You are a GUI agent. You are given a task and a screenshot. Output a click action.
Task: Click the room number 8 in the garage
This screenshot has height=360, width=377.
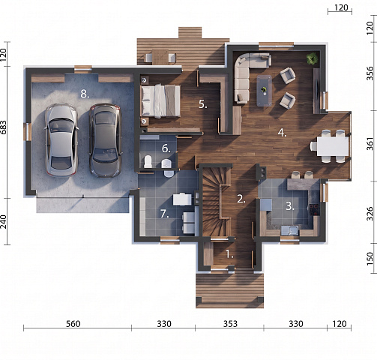[85, 94]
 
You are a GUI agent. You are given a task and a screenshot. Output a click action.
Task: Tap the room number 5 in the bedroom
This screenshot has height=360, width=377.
[203, 104]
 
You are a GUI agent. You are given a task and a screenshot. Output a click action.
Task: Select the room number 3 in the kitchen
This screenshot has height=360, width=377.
[290, 206]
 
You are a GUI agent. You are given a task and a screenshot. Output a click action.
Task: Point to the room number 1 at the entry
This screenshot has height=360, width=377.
[229, 254]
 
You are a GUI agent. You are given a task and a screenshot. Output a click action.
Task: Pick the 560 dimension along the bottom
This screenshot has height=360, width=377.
[73, 324]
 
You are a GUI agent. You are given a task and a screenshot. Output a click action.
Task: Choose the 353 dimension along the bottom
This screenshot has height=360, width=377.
[230, 324]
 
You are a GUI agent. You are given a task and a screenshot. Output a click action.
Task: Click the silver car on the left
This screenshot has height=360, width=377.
[61, 140]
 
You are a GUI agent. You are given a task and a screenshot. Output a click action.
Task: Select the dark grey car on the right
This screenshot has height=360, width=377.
[106, 140]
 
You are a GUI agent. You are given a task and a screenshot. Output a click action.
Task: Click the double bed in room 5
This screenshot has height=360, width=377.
[160, 101]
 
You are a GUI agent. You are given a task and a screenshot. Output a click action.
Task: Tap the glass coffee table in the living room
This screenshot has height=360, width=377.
[265, 91]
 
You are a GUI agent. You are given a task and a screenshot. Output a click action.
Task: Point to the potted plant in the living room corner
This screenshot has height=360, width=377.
[312, 58]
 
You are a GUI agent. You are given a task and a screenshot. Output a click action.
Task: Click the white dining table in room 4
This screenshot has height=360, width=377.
[333, 146]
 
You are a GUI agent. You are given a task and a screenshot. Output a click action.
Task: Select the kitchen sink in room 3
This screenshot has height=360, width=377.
[289, 230]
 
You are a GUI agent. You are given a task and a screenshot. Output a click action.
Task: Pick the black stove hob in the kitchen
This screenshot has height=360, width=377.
[314, 210]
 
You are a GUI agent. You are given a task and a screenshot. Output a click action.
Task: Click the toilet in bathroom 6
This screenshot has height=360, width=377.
[148, 161]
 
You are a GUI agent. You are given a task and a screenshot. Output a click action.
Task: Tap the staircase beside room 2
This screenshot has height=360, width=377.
[216, 202]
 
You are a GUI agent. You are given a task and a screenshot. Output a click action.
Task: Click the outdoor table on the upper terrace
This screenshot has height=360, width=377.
[160, 57]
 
